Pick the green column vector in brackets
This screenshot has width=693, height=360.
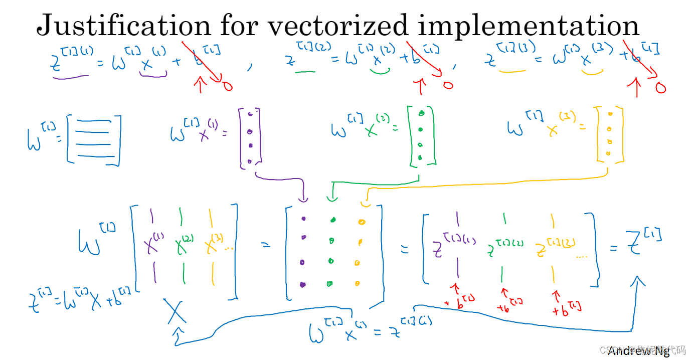421,136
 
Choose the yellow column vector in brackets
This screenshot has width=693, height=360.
609,134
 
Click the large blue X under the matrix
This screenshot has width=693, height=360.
175,311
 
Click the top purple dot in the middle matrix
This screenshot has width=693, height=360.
303,219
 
